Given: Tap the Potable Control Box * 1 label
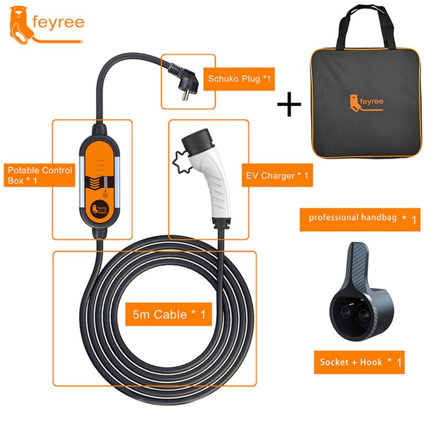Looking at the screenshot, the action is tap(40, 175).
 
